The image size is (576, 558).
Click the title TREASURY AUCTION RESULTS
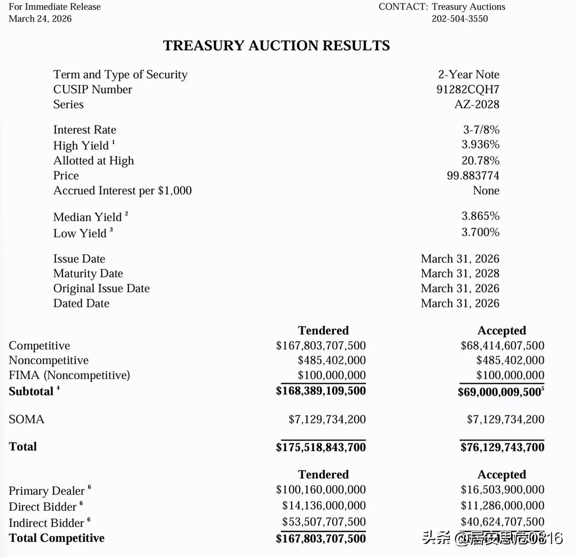tap(276, 45)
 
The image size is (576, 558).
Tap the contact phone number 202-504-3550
tap(459, 19)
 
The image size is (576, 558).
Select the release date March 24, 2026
tap(40, 19)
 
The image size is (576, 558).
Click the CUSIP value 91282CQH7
tap(468, 89)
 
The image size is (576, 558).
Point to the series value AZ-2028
tap(477, 104)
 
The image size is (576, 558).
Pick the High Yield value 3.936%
tap(480, 144)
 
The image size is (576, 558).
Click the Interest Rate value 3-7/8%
tap(481, 130)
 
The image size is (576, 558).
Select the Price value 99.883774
tap(472, 175)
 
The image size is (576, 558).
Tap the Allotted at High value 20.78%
tap(480, 161)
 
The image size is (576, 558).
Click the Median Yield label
tap(87, 217)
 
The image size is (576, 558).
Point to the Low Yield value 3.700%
tap(480, 232)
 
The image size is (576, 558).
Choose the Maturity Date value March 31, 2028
tap(460, 273)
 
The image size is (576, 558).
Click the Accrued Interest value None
tap(486, 191)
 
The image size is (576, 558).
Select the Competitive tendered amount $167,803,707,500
tap(321, 345)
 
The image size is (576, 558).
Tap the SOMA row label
tap(27, 420)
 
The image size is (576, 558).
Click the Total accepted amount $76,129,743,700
tap(502, 447)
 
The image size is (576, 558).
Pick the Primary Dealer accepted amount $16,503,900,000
tap(502, 490)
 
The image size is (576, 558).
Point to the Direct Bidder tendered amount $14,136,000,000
tap(324, 505)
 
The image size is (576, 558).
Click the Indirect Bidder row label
tap(46, 523)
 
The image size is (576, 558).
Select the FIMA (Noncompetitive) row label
tap(69, 375)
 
